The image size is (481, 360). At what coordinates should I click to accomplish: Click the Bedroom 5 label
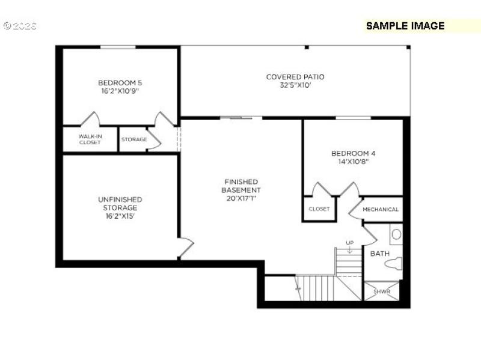pos(120,83)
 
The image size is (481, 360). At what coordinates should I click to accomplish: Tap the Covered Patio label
pos(295,77)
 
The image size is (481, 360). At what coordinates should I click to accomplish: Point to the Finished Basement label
pos(241,186)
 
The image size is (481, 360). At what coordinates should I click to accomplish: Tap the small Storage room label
pos(134,139)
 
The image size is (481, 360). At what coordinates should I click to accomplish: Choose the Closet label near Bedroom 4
pos(319,209)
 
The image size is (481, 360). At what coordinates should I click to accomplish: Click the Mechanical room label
pos(381,209)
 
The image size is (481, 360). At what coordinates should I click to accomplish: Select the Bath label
pos(379,254)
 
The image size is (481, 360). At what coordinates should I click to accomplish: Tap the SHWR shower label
pos(382,292)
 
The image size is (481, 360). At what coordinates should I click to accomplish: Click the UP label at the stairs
pos(349,243)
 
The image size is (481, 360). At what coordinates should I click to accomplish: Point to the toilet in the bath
pos(394,263)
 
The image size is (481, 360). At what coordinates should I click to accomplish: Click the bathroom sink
pos(396,234)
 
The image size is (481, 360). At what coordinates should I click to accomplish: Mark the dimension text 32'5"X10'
pos(295,85)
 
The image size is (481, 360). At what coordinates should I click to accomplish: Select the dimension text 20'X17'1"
pos(241,198)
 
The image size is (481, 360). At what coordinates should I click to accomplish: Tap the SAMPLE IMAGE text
pos(405,26)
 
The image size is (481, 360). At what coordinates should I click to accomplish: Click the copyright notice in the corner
pos(20,26)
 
